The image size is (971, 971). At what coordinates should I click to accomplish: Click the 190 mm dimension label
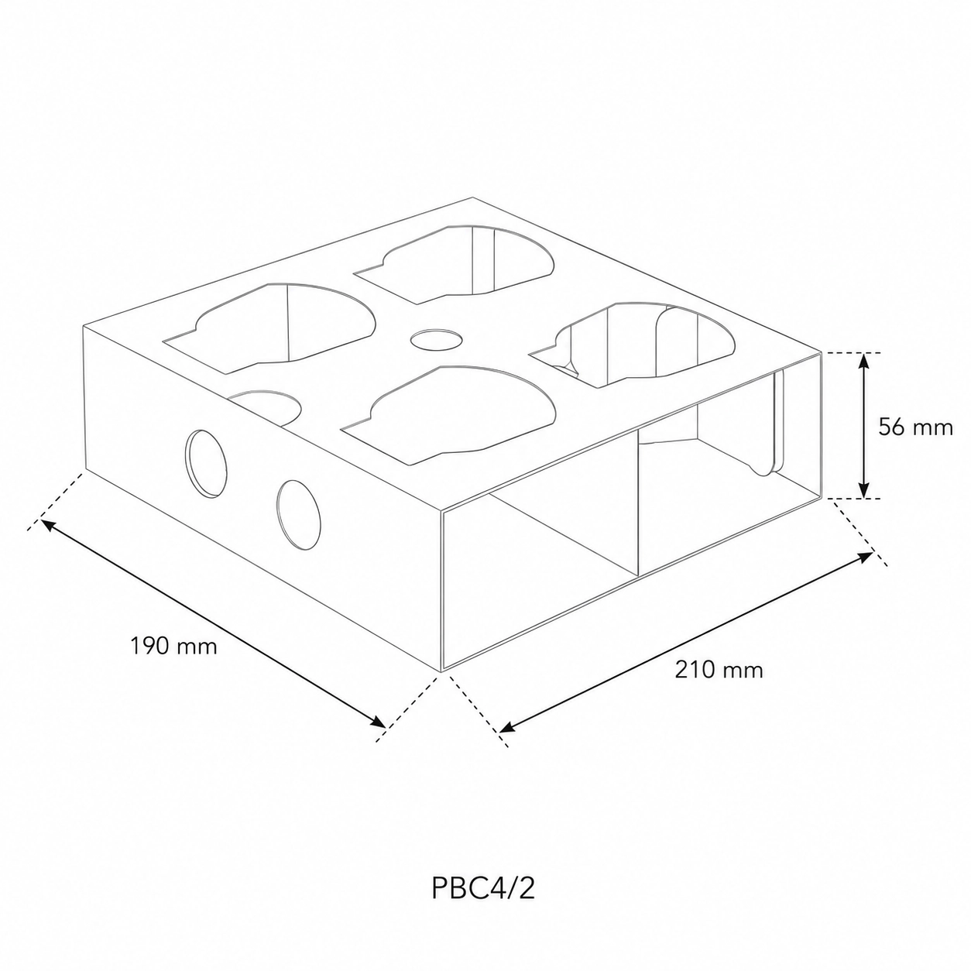pos(173,646)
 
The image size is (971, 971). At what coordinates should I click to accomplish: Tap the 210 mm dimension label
pos(719,670)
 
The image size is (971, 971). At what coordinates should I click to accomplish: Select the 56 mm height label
pos(915,427)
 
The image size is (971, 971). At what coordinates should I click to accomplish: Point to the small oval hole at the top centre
pos(437,339)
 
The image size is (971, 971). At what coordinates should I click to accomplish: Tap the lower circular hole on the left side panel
pos(298,514)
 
